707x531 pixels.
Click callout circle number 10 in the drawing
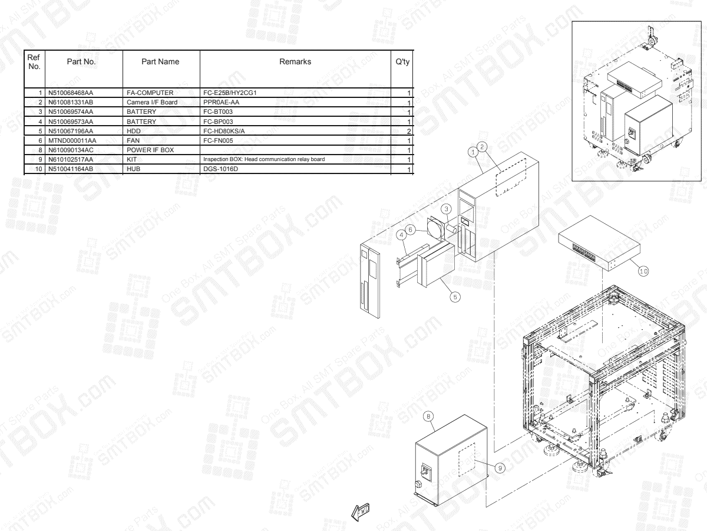(643, 270)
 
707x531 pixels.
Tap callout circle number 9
(500, 467)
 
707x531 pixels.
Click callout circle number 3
(447, 208)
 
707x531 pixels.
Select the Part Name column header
(161, 62)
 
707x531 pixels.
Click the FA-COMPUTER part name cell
(149, 93)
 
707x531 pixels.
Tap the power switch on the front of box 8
(424, 472)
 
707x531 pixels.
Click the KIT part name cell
(133, 160)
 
